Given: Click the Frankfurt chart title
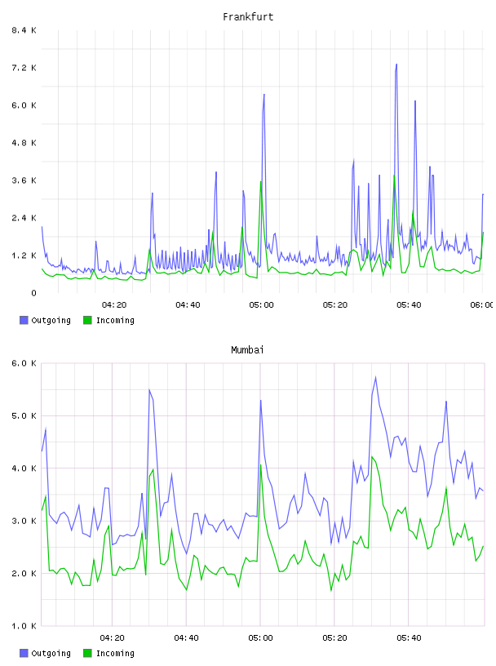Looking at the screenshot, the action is coord(248,17).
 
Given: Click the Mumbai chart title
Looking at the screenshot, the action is coord(247,350).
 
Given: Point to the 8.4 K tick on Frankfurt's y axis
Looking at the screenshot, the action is coord(24,30).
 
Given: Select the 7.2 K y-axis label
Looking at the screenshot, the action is coord(24,68).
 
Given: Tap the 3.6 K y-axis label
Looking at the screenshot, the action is coord(24,180).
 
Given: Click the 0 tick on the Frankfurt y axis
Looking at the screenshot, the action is coord(33,293).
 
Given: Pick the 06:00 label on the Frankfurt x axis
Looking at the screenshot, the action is coord(481,305).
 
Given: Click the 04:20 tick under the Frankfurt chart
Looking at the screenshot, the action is coord(114,305).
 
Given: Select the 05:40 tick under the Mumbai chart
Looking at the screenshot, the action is coord(409,638).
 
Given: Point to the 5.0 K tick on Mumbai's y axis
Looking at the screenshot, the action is coord(24,415).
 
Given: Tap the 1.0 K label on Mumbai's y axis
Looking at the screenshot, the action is coord(24,626).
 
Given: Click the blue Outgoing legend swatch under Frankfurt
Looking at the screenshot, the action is coord(24,320).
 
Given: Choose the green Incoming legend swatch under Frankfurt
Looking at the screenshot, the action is coord(87,320).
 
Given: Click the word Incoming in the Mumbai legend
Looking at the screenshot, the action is coord(115,653).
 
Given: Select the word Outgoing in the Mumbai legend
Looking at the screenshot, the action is coord(51,653).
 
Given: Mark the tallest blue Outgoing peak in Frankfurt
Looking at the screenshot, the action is coord(396,64).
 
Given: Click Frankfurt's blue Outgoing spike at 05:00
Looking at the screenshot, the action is coord(263,95).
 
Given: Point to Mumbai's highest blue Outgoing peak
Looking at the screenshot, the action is coord(375,377).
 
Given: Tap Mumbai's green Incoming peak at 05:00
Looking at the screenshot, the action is coord(261,465).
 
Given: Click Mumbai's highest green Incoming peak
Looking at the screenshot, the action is coord(372,457).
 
